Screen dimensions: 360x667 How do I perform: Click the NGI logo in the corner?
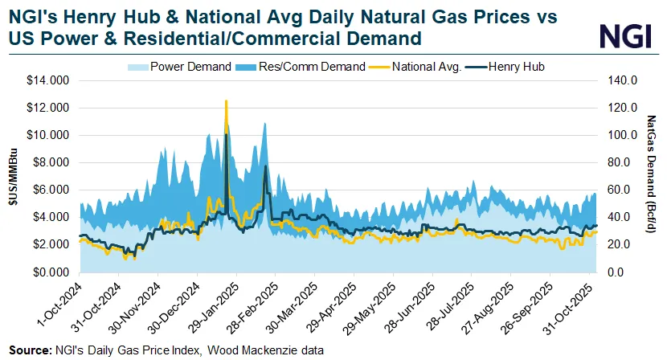(621, 35)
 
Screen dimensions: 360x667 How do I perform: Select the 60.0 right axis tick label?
(619, 190)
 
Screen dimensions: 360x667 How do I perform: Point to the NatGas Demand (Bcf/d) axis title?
(651, 176)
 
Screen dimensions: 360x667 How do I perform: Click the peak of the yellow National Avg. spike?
(226, 101)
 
